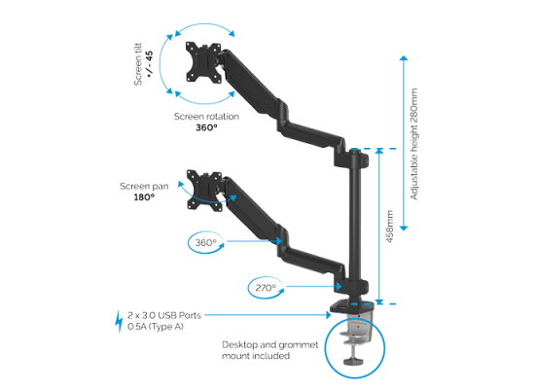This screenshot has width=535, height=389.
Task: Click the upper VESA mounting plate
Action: pyautogui.click(x=203, y=62)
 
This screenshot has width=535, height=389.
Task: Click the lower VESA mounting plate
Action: pyautogui.click(x=204, y=191)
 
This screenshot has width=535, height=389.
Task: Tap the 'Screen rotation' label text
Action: pyautogui.click(x=206, y=117)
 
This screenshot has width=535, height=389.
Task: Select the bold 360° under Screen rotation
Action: pyautogui.click(x=206, y=127)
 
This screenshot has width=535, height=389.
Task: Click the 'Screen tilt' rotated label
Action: pyautogui.click(x=138, y=64)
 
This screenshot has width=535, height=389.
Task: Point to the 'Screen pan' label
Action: pyautogui.click(x=144, y=187)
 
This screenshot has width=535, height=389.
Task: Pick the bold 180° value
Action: pyautogui.click(x=144, y=197)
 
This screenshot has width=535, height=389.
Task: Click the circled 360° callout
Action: pyautogui.click(x=206, y=242)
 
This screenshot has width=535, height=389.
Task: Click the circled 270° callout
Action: pyautogui.click(x=266, y=288)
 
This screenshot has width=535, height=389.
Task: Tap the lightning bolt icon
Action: pyautogui.click(x=119, y=321)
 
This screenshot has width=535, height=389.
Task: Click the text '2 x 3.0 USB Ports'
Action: pyautogui.click(x=164, y=315)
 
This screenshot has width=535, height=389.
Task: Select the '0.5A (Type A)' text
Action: pyautogui.click(x=156, y=327)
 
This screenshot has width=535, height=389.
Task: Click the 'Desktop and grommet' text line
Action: pyautogui.click(x=269, y=344)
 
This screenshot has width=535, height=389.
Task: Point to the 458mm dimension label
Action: pyautogui.click(x=390, y=227)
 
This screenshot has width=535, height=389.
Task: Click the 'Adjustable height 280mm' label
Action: pyautogui.click(x=413, y=144)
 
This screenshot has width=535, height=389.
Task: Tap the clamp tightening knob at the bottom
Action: pyautogui.click(x=352, y=361)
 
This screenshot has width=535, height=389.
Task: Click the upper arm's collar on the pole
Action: pyautogui.click(x=351, y=159)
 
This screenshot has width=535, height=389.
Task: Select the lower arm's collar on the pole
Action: pyautogui.click(x=351, y=286)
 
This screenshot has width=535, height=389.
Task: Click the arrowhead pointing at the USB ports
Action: pyautogui.click(x=328, y=315)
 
